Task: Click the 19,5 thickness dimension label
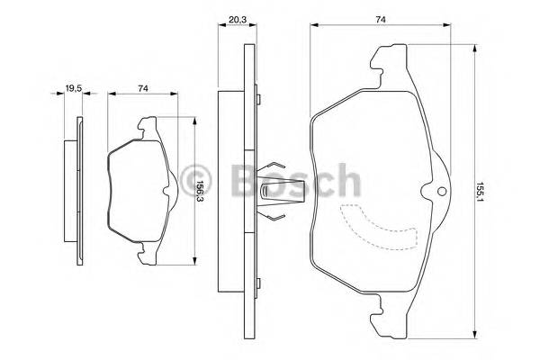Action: [x=72, y=87]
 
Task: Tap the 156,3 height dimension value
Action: [x=199, y=193]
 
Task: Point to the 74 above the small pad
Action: [x=143, y=87]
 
